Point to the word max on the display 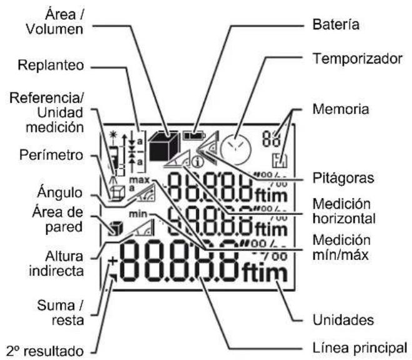136,181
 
